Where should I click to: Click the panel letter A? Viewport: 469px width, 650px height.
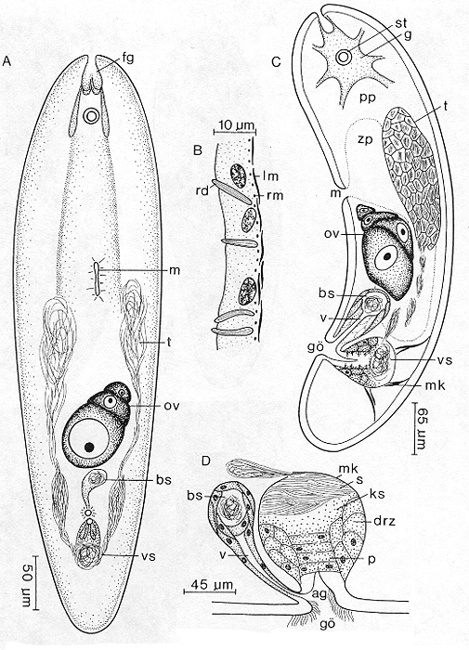pyautogui.click(x=7, y=62)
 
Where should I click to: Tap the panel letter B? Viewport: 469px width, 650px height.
pyautogui.click(x=199, y=150)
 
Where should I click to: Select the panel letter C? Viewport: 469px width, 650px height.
pyautogui.click(x=276, y=62)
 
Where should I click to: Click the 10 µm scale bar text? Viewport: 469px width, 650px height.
pyautogui.click(x=235, y=124)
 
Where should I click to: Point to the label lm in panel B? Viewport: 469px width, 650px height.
pyautogui.click(x=271, y=176)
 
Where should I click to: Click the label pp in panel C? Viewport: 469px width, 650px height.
pyautogui.click(x=363, y=98)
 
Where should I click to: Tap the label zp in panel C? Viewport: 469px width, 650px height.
pyautogui.click(x=364, y=140)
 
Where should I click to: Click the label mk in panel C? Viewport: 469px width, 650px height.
pyautogui.click(x=435, y=386)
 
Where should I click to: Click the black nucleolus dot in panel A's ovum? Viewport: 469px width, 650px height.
pyautogui.click(x=89, y=447)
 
